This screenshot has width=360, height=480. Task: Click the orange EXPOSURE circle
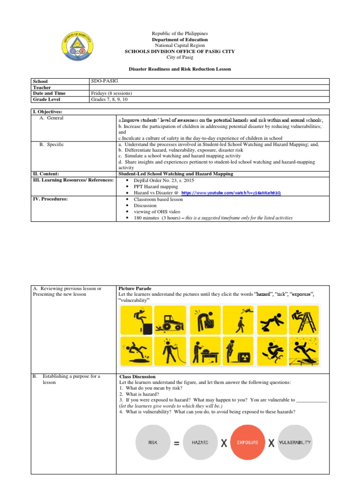(x=247, y=442)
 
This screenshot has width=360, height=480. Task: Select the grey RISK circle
(x=152, y=442)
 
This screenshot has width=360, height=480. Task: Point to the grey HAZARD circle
(x=200, y=442)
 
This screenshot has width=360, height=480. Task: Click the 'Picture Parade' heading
(x=135, y=288)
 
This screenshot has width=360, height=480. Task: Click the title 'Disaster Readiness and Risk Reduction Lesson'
(x=180, y=69)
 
